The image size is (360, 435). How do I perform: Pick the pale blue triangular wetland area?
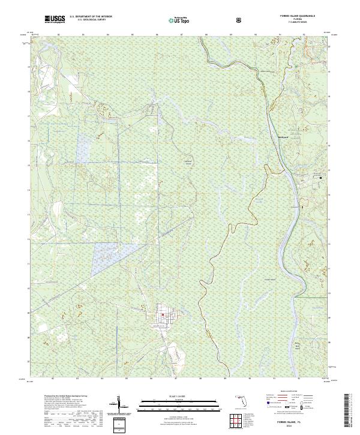pos(109,257)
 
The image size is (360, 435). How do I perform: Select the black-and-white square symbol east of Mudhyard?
pos(320,178)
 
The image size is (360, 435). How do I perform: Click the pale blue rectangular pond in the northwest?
pos(83,148)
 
